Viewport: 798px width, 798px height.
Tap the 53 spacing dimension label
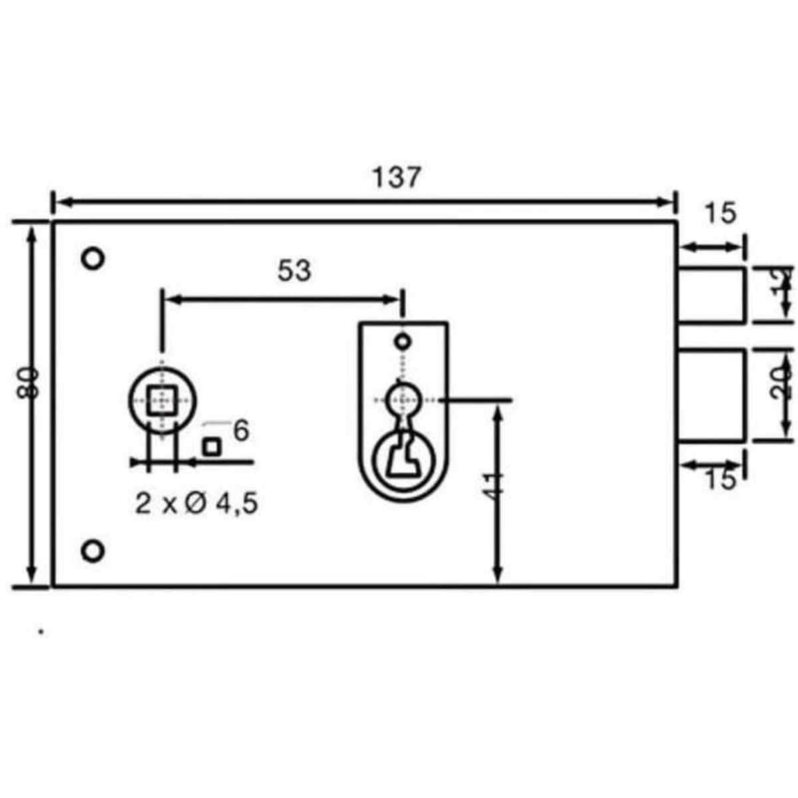[x=294, y=271]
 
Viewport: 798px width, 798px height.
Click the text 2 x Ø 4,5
[x=196, y=504]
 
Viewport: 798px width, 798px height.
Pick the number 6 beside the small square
[x=241, y=431]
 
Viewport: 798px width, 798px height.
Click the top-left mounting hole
[x=92, y=257]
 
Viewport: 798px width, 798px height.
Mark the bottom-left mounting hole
[x=92, y=551]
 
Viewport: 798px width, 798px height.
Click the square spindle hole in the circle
[x=162, y=400]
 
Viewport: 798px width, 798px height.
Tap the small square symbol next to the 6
[x=211, y=447]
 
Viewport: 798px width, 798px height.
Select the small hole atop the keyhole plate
[x=402, y=342]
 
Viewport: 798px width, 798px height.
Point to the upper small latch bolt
[x=710, y=295]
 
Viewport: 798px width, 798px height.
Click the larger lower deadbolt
[x=710, y=395]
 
